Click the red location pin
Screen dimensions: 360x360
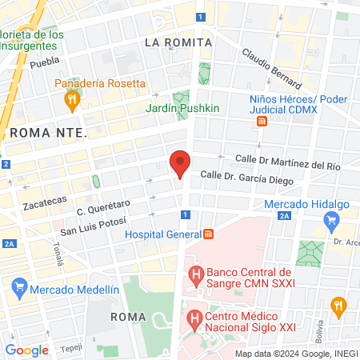(x=180, y=162)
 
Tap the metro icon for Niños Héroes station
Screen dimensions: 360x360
(x=262, y=121)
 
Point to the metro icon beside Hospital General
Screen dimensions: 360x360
(x=209, y=234)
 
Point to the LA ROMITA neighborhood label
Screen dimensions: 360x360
(x=178, y=42)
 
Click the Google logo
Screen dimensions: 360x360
(x=26, y=350)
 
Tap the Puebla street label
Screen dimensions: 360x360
(x=45, y=62)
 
